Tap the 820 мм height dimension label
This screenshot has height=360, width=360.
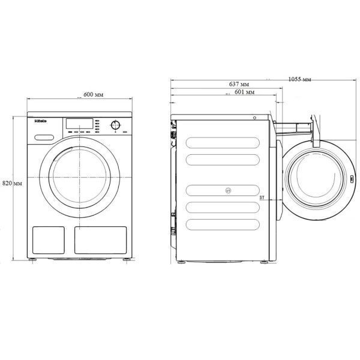[x=12, y=182]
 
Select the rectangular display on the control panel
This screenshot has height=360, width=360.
[x=78, y=123]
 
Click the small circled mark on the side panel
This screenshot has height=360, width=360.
[x=227, y=191]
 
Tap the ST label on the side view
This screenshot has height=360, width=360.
[x=262, y=197]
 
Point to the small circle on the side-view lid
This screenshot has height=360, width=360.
[x=254, y=118]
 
